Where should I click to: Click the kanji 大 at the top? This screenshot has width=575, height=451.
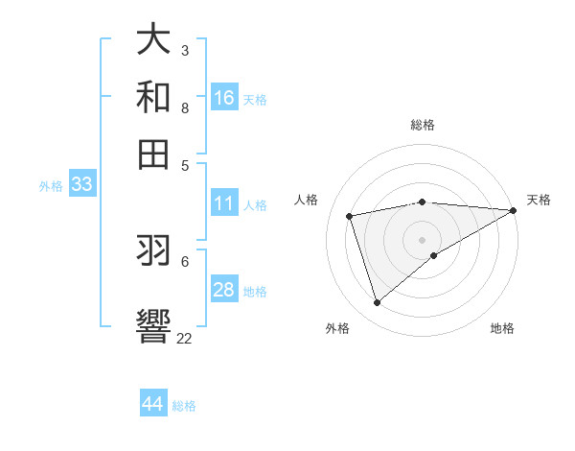coord(153,39)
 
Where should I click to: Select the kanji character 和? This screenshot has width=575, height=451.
coord(153,97)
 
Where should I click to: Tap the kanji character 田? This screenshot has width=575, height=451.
coord(153,154)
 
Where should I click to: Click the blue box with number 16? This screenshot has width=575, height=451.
coord(224,98)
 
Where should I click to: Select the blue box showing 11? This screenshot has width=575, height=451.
coord(224,203)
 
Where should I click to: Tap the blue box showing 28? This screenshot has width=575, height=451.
coord(224,290)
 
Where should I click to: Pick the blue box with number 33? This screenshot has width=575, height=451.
coord(81,185)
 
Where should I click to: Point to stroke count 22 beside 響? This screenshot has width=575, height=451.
coord(184,338)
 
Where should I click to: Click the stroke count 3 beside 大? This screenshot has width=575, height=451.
coord(185,50)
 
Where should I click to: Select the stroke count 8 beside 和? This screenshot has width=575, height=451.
coord(185,107)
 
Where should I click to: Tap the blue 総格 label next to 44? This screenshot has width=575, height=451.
coord(184,406)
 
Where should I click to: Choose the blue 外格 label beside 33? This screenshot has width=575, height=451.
coord(51,186)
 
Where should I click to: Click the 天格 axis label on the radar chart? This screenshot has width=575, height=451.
coord(539,200)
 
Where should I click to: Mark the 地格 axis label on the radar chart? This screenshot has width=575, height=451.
coord(502,328)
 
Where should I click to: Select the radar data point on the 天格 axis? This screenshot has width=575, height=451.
coord(514,210)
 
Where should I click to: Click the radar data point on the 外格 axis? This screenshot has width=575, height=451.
coord(377,302)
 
